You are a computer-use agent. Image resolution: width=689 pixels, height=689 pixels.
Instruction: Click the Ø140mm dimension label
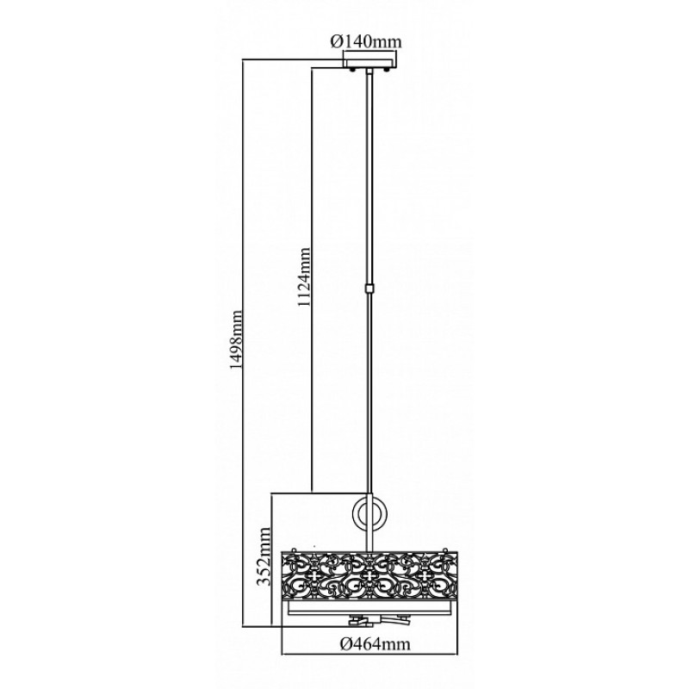pyautogui.click(x=365, y=41)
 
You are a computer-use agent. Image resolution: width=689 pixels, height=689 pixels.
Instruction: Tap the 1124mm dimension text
pyautogui.click(x=303, y=277)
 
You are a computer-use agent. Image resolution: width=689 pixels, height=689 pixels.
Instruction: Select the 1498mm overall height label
pyautogui.click(x=235, y=340)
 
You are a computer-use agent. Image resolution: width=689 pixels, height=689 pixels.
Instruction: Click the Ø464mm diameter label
pyautogui.click(x=376, y=644)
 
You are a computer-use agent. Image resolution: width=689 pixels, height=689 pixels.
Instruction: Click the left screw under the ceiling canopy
pyautogui.click(x=352, y=70)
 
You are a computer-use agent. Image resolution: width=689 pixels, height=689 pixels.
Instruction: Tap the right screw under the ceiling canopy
pyautogui.click(x=387, y=70)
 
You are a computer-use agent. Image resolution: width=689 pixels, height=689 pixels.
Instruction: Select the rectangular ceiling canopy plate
pyautogui.click(x=370, y=59)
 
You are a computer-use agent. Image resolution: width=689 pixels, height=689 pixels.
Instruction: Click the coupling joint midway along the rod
pyautogui.click(x=369, y=289)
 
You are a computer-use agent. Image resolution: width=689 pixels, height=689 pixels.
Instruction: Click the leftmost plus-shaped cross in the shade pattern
pyautogui.click(x=314, y=575)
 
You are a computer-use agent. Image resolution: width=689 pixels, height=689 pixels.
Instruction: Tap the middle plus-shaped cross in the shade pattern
pyautogui.click(x=369, y=575)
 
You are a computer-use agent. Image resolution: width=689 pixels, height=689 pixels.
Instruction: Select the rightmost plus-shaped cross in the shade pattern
pyautogui.click(x=424, y=575)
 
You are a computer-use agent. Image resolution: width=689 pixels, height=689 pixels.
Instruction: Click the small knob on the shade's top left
pyautogui.click(x=293, y=549)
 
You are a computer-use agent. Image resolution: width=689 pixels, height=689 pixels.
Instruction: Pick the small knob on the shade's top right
pyautogui.click(x=446, y=549)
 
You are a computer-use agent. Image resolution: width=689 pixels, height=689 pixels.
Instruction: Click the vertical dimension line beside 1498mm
pyautogui.click(x=243, y=342)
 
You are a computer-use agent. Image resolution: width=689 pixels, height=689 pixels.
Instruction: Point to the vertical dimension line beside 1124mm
pyautogui.click(x=312, y=279)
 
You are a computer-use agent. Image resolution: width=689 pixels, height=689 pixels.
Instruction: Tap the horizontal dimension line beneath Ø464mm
pyautogui.click(x=369, y=655)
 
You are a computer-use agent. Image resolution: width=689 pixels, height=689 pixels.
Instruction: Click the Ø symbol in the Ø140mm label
pyautogui.click(x=336, y=41)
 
